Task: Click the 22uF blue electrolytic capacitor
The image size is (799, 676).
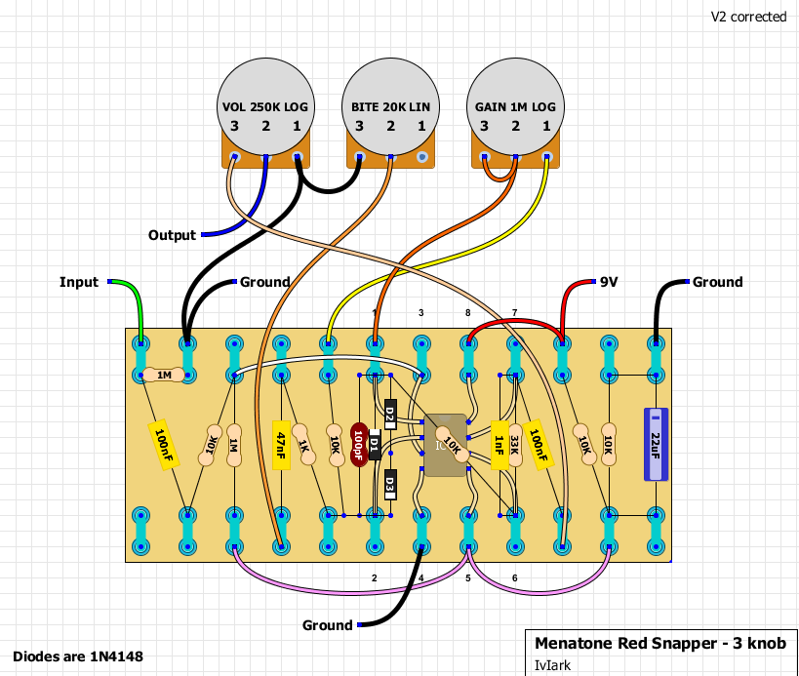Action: tap(654, 444)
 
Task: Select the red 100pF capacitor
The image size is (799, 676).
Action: tap(359, 445)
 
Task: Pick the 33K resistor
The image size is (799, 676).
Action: tap(514, 445)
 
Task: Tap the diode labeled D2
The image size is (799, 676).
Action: tap(389, 417)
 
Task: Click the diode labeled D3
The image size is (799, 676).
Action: tap(389, 483)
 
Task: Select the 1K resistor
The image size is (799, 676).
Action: tap(303, 445)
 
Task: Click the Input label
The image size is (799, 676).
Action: tap(79, 283)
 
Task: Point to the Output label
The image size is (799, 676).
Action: tap(172, 236)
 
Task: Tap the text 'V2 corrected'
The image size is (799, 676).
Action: tap(748, 17)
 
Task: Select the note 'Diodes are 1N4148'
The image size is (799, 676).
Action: tap(78, 656)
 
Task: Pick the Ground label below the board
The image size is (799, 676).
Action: tap(327, 625)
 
